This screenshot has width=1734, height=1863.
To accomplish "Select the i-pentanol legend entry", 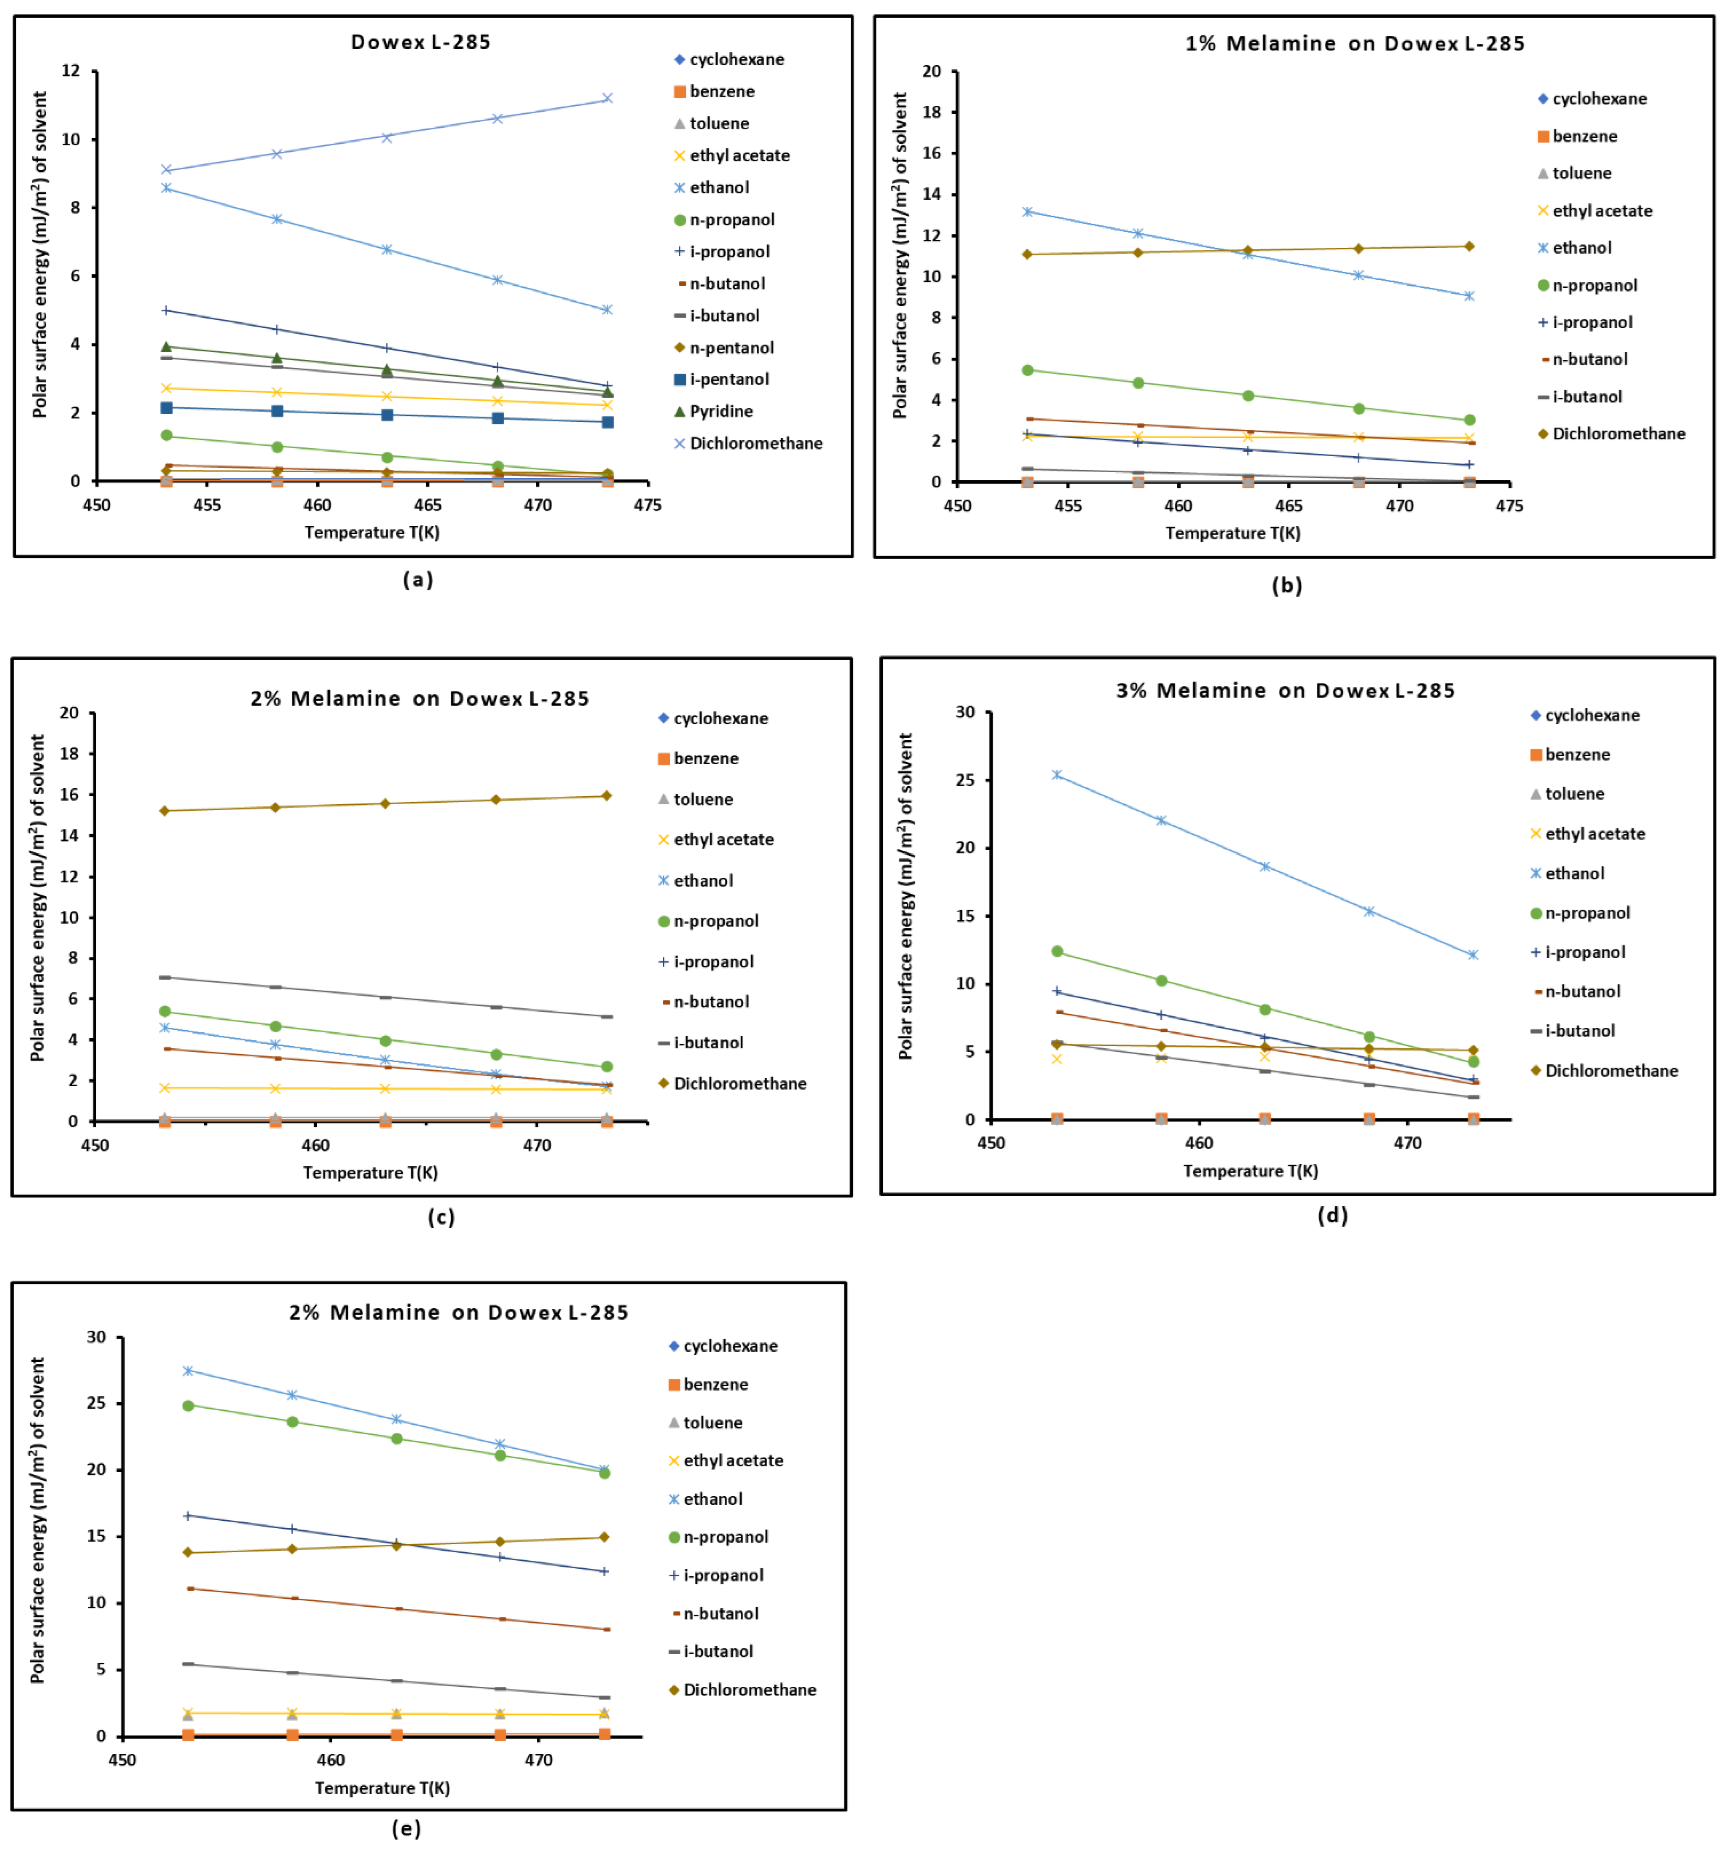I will (728, 379).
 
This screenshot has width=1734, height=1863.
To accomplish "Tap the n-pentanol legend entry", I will (731, 347).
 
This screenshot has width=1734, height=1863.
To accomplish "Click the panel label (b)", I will (1286, 586).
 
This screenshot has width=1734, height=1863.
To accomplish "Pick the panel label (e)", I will (406, 1828).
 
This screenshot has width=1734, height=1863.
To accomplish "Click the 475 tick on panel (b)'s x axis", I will (1509, 506).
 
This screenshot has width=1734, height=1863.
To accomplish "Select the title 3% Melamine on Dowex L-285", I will (1285, 691).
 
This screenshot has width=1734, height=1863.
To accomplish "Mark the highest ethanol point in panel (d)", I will (1056, 775).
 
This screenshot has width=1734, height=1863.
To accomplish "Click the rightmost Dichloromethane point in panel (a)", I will (608, 98).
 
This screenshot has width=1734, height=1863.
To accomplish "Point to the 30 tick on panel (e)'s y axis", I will (97, 1337).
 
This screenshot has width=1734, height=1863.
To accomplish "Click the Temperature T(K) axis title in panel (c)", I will (370, 1172).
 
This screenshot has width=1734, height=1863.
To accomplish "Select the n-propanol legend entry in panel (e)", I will (724, 1537).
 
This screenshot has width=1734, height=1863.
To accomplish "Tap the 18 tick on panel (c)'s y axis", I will (69, 753).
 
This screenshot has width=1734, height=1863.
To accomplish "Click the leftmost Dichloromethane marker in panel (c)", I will (165, 810).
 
